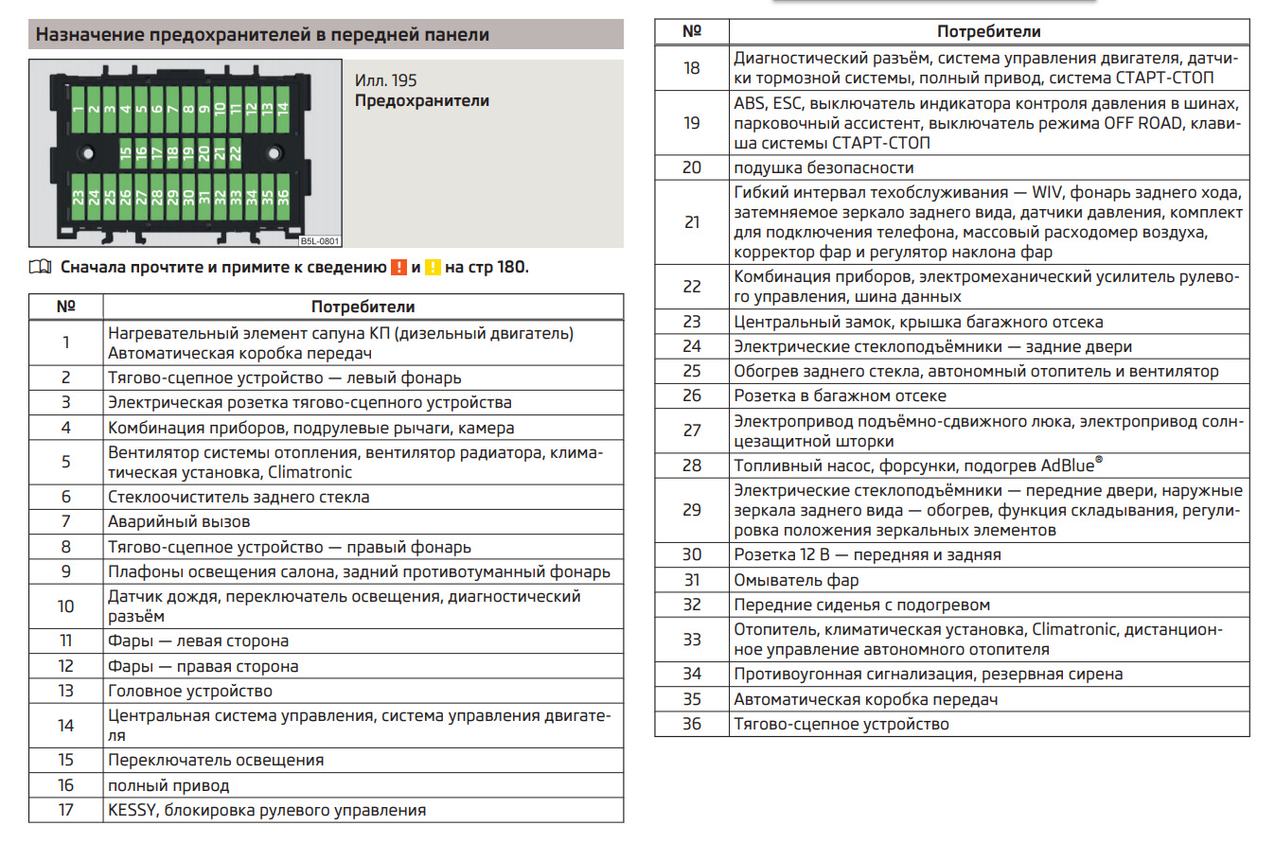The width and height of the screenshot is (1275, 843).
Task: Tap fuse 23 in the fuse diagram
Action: click(x=78, y=199)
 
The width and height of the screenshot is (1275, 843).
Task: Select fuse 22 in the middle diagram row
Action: click(x=236, y=152)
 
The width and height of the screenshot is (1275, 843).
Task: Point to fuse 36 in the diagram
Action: click(x=281, y=199)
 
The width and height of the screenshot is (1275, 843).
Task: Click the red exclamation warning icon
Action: click(x=398, y=267)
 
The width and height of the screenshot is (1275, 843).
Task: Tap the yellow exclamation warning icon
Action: click(x=433, y=267)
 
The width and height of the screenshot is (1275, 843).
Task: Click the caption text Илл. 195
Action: click(x=386, y=80)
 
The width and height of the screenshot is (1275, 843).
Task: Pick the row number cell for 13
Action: click(x=65, y=691)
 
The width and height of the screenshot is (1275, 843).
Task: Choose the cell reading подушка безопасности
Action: click(x=823, y=167)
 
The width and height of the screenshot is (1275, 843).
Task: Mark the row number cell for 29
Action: click(x=692, y=510)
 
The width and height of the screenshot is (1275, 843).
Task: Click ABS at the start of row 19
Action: click(x=749, y=103)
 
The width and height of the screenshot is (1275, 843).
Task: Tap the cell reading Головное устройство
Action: click(x=190, y=691)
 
